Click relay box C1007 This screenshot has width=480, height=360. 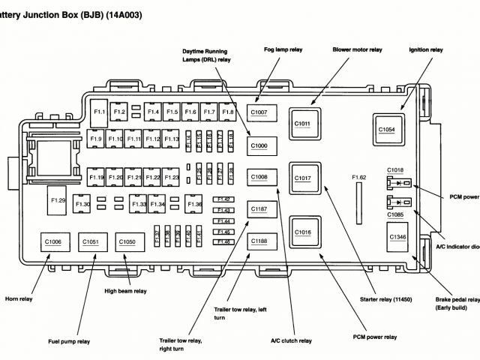[259, 113]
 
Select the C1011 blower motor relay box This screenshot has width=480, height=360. [303, 123]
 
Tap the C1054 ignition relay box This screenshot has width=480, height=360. [386, 129]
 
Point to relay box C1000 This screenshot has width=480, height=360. [259, 145]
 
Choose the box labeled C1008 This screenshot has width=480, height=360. [259, 177]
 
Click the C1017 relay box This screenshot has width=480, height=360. [303, 178]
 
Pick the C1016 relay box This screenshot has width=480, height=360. [303, 232]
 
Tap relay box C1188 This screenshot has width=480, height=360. [259, 241]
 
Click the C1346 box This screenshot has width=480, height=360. [397, 238]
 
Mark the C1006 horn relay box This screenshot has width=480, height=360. [53, 241]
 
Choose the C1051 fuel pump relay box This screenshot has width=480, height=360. [90, 241]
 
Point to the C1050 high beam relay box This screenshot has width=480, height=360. [127, 241]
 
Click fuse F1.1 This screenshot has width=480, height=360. [100, 112]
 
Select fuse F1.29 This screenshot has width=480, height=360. [58, 200]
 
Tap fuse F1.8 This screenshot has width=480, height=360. [228, 112]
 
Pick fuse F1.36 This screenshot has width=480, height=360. [195, 204]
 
